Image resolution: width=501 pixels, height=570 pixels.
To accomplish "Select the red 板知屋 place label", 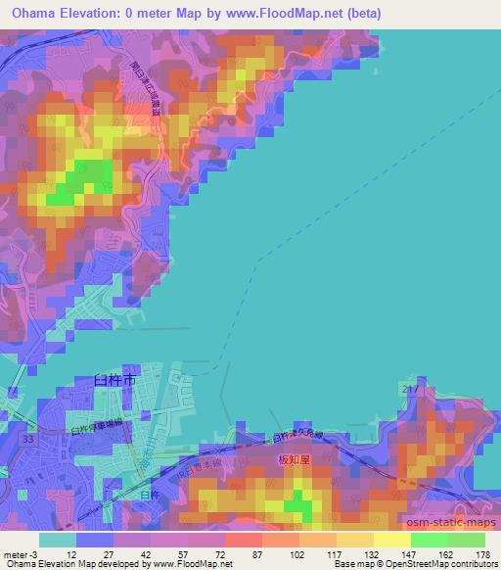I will tap(295, 457).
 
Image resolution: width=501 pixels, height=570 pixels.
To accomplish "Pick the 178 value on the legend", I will tap(482, 555).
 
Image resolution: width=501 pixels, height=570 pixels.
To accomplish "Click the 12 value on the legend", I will tap(57, 555).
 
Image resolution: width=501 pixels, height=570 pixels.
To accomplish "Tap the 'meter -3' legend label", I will tap(19, 555).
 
